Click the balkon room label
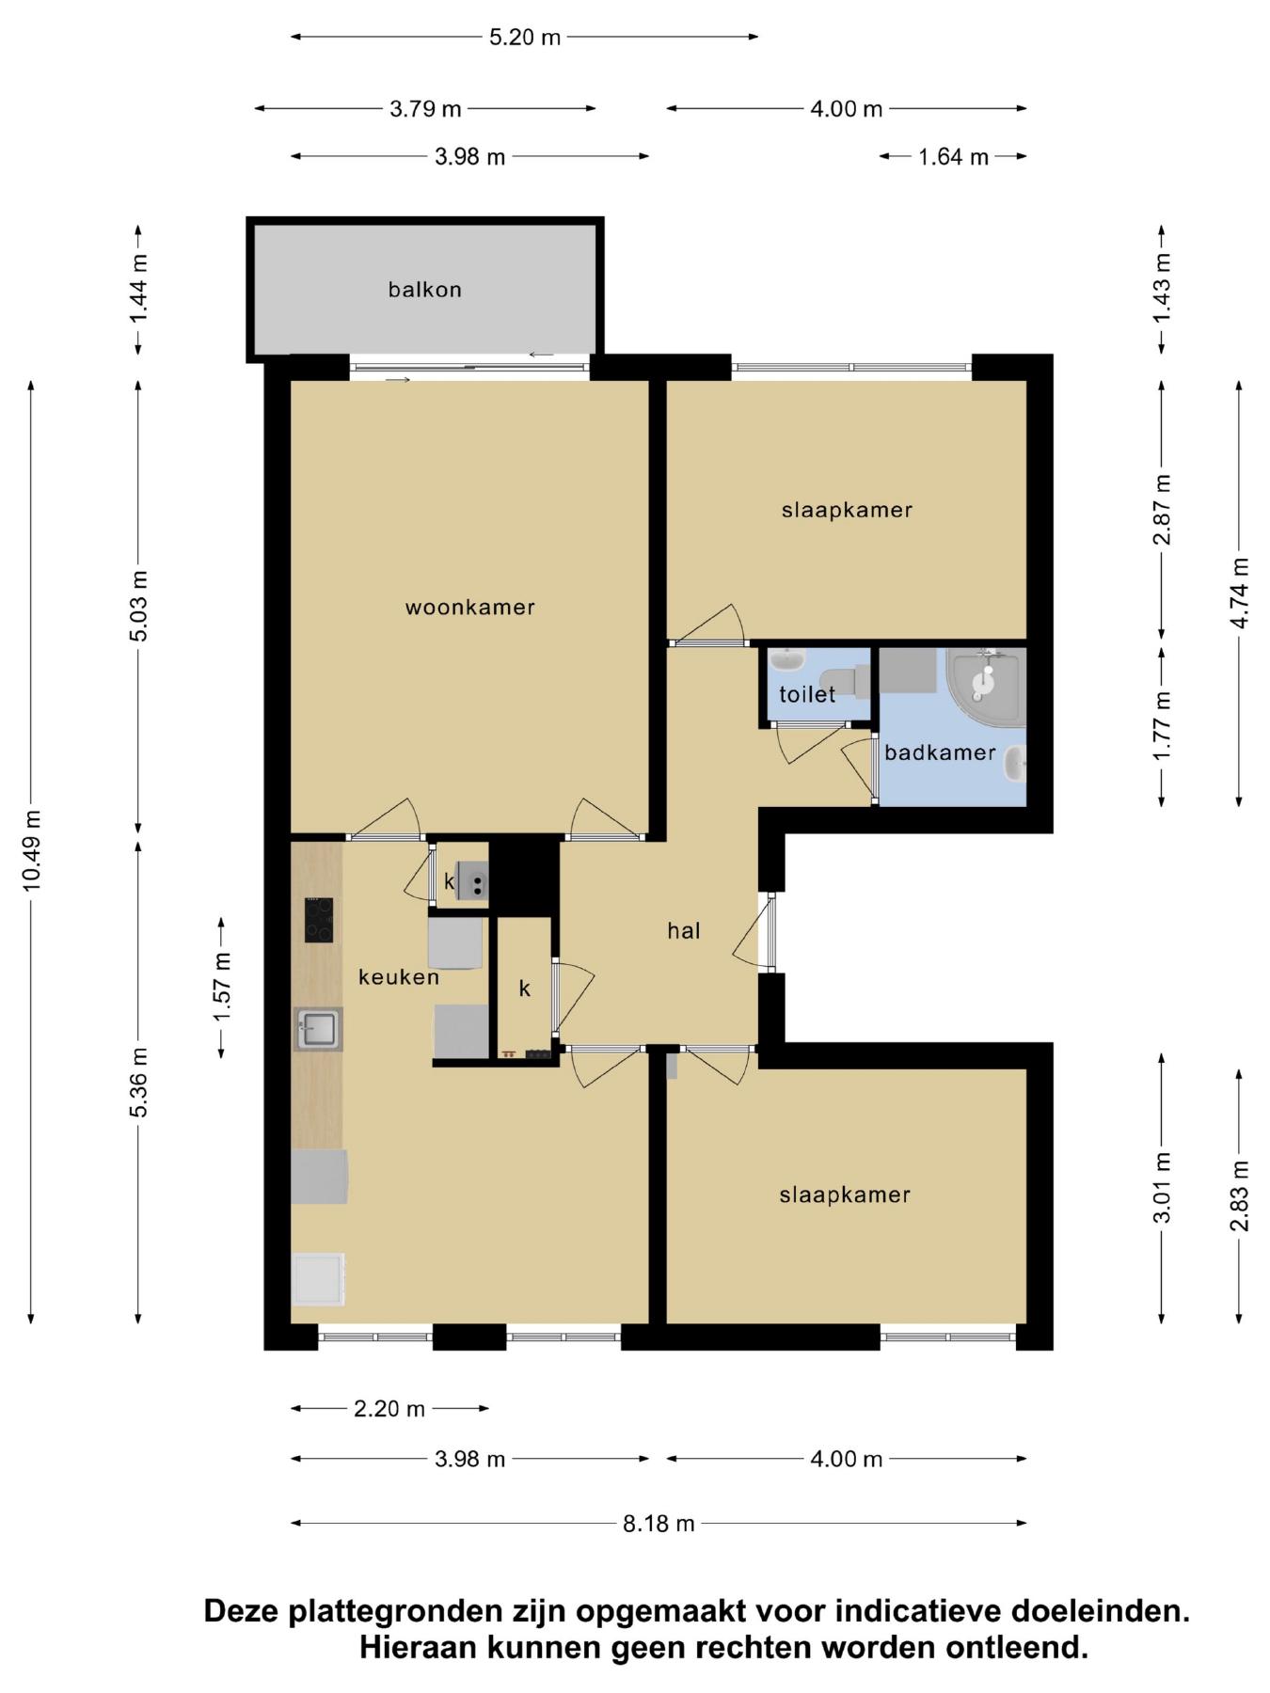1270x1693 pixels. pos(425,290)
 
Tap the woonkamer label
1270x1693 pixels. pos(470,608)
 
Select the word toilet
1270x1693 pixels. pos(807,694)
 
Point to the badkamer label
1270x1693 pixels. pos(940,752)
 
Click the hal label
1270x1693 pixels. pos(684,930)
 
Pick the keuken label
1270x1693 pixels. pos(399,977)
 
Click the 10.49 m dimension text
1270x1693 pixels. pos(32,850)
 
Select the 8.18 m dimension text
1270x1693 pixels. pos(659,1523)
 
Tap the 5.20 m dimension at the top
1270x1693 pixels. pos(525,38)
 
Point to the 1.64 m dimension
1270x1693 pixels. pos(954,157)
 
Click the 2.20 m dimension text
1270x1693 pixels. pos(389,1409)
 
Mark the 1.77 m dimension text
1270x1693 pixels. pos(1163,726)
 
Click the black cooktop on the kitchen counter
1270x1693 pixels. pos(318,920)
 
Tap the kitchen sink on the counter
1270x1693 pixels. pos(318,1029)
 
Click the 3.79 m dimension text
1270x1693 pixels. pos(425,109)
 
